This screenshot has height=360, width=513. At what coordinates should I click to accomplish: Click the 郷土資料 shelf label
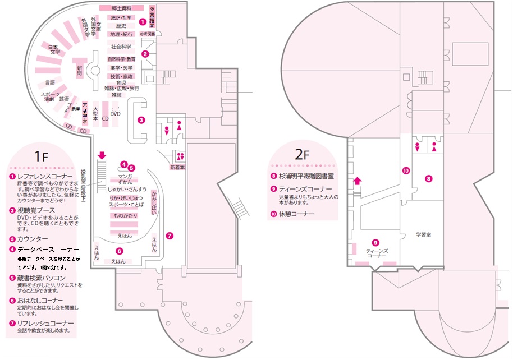click(121, 8)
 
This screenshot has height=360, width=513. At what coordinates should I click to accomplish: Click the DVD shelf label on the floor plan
click(115, 113)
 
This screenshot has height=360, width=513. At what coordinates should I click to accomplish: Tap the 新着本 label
click(177, 168)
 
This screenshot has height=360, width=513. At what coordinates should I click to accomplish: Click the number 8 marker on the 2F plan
click(428, 178)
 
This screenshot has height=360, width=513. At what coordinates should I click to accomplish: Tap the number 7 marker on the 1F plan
click(170, 236)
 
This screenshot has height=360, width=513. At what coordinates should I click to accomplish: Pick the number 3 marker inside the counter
click(141, 119)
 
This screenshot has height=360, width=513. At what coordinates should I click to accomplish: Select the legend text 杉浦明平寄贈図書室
click(308, 176)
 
